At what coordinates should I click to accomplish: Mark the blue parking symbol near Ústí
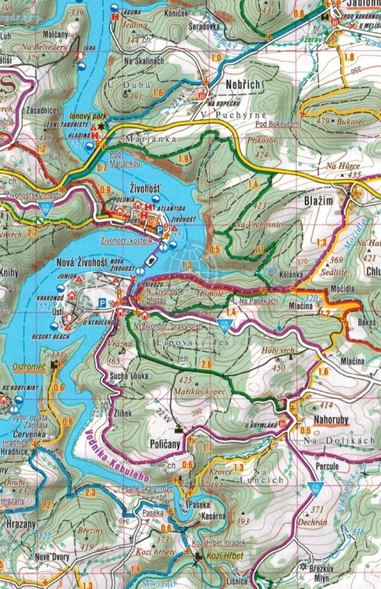(x=101, y=301)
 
